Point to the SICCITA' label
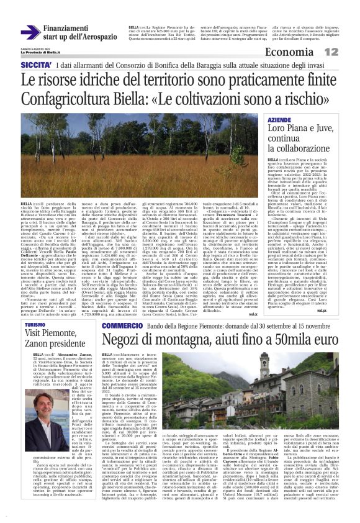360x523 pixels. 35,65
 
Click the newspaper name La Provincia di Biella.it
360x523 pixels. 41,53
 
